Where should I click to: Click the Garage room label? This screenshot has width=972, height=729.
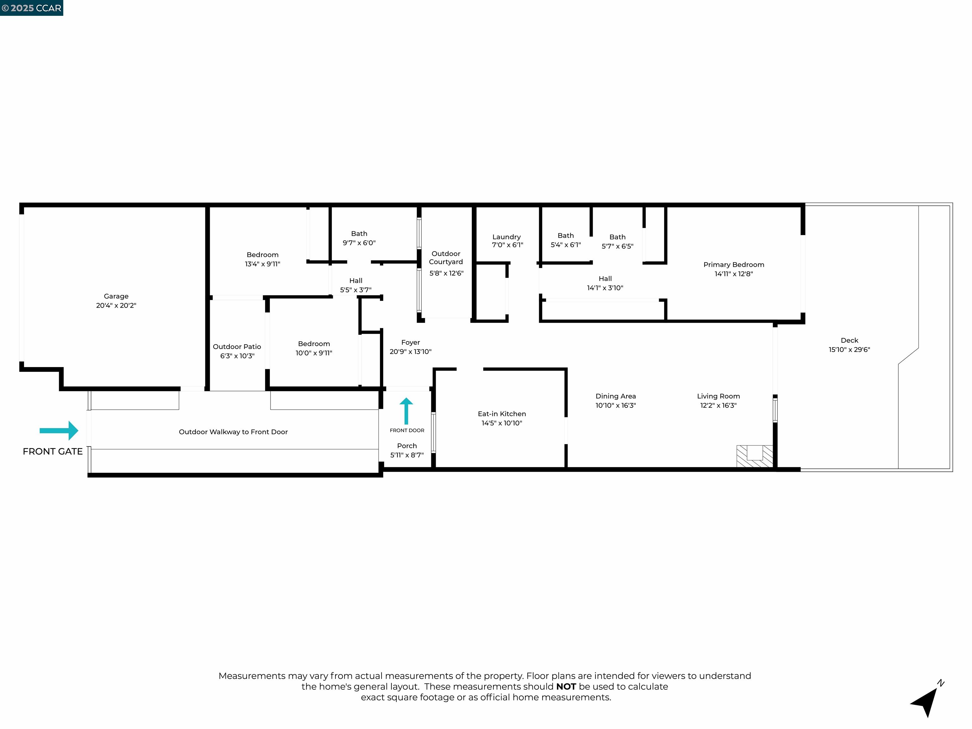pos(116,296)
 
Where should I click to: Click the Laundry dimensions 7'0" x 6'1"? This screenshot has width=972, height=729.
pos(507,245)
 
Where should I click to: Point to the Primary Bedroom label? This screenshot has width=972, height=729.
pos(733,265)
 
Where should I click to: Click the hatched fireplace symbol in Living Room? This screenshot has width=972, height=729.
pos(755,456)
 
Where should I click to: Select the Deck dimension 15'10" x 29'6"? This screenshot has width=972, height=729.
pos(849,350)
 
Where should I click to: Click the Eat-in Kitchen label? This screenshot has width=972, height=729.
pos(502,414)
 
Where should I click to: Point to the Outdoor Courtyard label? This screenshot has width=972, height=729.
pos(445,258)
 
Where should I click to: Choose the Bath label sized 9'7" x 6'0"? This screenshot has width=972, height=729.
pos(359,234)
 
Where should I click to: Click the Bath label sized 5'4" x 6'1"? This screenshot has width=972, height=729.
pos(565,235)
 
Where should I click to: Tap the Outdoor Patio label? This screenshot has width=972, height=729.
pos(237,347)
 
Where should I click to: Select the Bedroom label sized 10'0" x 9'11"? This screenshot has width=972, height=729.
pos(314,344)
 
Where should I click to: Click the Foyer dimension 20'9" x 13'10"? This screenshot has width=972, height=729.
pos(410,352)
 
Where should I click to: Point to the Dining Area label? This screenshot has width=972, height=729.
pos(615,396)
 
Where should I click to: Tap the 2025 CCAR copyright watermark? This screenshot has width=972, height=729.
pos(32,8)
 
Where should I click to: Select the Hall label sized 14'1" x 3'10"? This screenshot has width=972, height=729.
pos(605,278)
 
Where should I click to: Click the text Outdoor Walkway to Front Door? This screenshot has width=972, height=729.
pos(233,432)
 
